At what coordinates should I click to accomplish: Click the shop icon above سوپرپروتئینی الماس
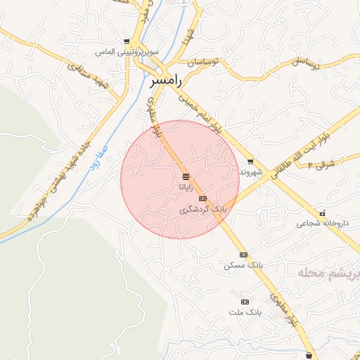[127, 41]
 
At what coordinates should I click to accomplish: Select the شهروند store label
[250, 172]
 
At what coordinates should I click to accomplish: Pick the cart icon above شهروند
[250, 162]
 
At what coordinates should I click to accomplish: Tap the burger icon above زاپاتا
[186, 176]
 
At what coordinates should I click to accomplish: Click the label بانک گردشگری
[203, 210]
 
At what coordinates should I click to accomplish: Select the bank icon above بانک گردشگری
[202, 199]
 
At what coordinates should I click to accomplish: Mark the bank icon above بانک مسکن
[243, 255]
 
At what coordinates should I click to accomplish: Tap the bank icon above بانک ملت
[245, 300]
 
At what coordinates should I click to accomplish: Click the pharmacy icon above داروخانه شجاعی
[323, 213]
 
